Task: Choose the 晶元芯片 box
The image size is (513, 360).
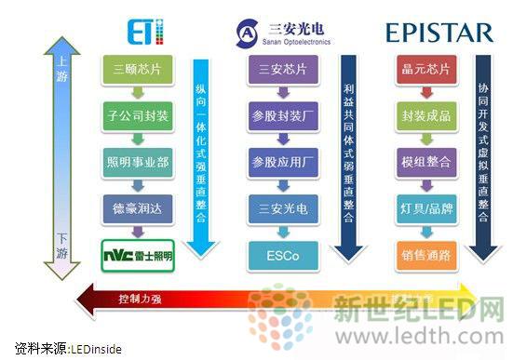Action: click(425, 70)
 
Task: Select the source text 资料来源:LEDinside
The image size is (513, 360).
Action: click(61, 348)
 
